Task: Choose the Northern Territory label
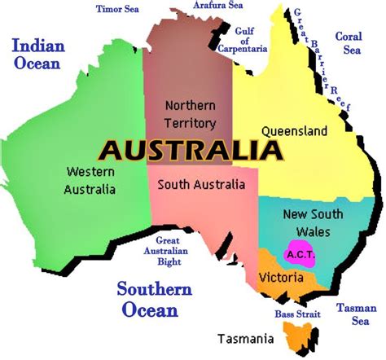190,114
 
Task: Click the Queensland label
294,130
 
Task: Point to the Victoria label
281,277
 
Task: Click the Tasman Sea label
356,314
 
